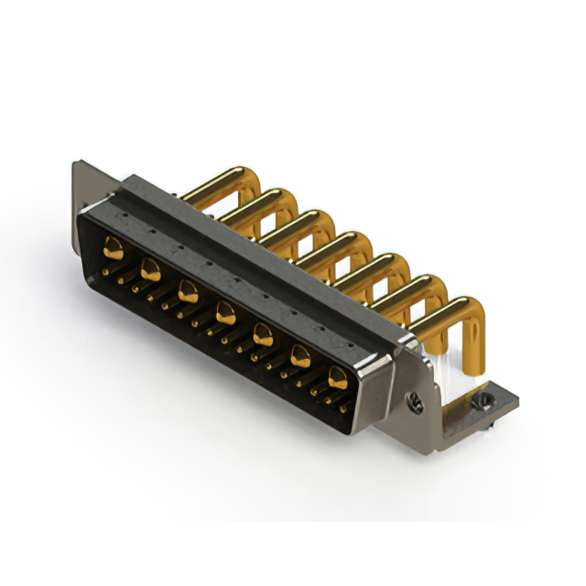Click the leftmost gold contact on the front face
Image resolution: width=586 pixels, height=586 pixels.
pos(113,245)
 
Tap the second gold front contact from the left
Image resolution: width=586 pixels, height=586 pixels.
pos(149,268)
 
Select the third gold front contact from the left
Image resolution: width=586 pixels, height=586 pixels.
pos(188,291)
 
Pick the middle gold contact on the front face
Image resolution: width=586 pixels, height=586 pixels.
pos(224,316)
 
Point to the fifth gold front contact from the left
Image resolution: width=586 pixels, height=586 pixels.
pos(262,334)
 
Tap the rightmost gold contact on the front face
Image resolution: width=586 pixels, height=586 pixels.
pos(337,375)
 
